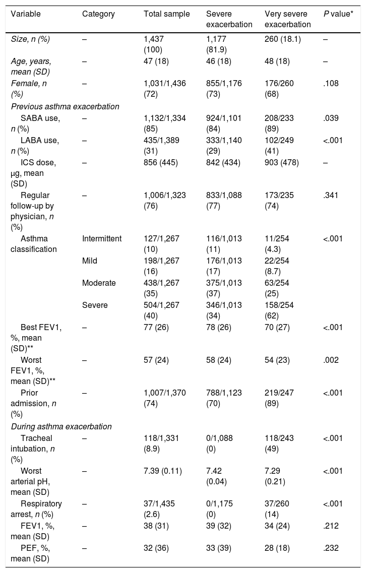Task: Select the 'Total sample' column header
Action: (167, 14)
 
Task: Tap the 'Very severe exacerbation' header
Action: (288, 19)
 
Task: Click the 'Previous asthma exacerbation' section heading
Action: (65, 107)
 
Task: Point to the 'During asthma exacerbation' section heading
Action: (62, 426)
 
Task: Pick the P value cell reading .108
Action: (331, 84)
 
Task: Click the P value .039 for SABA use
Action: (331, 118)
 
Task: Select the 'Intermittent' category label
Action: (102, 239)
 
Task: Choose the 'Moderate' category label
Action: (99, 283)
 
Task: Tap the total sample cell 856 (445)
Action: (161, 163)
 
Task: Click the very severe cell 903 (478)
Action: (282, 163)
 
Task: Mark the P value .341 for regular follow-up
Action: (331, 196)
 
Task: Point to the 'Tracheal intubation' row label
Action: (33, 449)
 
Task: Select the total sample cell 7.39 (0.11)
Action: (163, 471)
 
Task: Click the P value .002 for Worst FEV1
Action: (331, 360)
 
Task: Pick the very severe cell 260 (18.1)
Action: (283, 39)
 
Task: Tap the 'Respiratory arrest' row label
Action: (37, 509)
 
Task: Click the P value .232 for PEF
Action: (331, 548)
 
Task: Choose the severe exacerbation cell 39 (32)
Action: (219, 526)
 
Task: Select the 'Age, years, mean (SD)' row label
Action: (31, 67)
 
